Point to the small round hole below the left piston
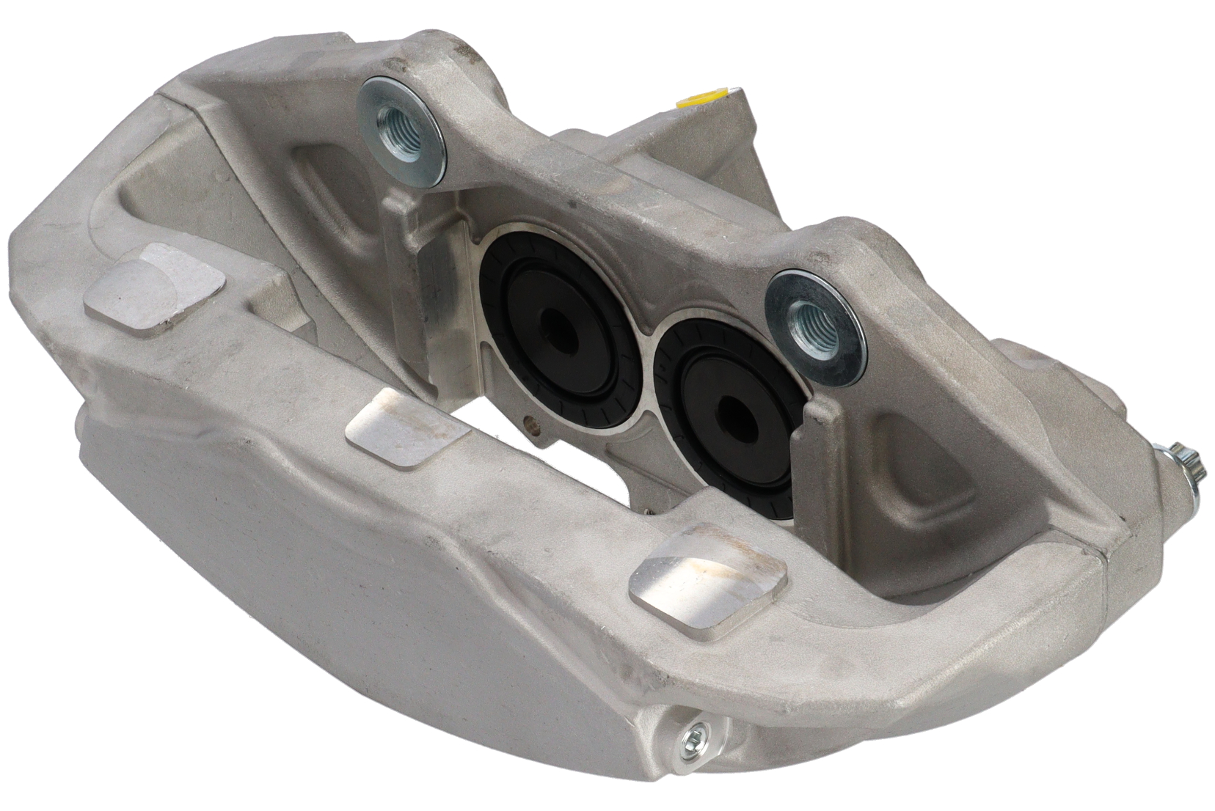click(x=530, y=424)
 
